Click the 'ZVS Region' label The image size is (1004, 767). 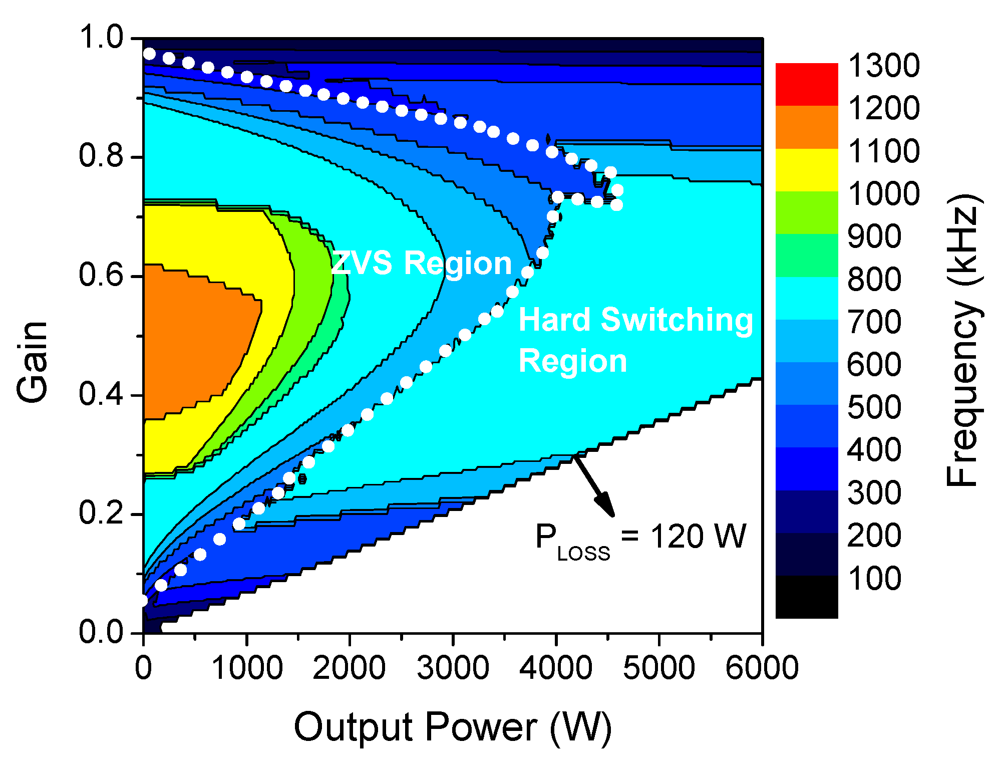tap(422, 264)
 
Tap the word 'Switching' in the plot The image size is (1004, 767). tap(677, 320)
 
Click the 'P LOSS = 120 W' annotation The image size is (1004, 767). tap(640, 538)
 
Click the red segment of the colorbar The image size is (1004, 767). tap(806, 84)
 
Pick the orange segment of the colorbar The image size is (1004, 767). tap(806, 127)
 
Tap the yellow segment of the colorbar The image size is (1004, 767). tap(806, 170)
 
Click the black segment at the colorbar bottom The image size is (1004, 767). tap(806, 597)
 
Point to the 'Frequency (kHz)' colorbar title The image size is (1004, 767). tap(963, 341)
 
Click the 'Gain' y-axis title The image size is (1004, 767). tap(33, 362)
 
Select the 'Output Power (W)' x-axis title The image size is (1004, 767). tap(453, 727)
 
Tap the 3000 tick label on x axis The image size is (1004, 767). tap(453, 668)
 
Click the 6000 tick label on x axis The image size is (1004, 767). tap(762, 668)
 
